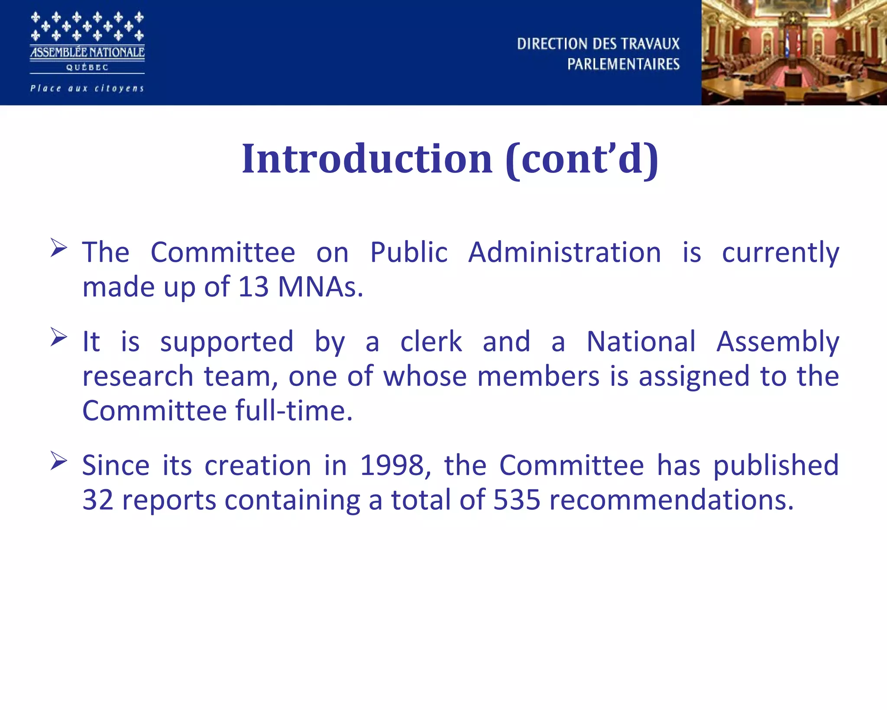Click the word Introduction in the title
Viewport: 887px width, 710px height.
point(367,159)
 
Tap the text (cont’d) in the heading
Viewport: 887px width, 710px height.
point(582,159)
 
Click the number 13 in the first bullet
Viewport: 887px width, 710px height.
point(253,287)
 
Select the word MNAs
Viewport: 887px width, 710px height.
point(320,287)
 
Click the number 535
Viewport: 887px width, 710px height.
point(517,500)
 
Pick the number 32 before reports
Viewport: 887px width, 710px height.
point(97,500)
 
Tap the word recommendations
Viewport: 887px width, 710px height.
point(671,500)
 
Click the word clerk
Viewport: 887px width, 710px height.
point(431,342)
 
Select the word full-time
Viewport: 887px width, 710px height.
point(294,410)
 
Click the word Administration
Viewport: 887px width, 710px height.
point(565,252)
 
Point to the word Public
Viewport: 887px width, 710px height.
point(408,252)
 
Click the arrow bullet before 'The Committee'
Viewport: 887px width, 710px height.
point(58,248)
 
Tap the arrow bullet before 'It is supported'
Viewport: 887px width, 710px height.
point(58,337)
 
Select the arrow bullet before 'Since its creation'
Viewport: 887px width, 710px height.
point(58,460)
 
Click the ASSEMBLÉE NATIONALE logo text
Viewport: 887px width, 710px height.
point(87,52)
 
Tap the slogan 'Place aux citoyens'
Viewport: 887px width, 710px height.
point(87,88)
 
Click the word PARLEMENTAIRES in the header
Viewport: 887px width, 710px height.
point(623,64)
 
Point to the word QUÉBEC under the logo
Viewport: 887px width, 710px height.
point(87,67)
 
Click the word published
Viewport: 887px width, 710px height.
point(776,466)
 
